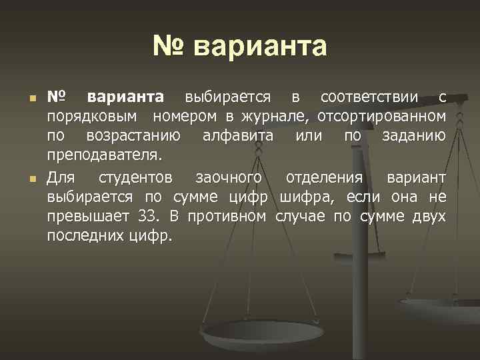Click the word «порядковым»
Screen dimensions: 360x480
pos(93,117)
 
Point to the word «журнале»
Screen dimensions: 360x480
pos(274,117)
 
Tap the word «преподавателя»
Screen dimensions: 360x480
pos(103,156)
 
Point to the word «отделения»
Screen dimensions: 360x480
pos(324,179)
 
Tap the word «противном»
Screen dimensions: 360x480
pos(227,217)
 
